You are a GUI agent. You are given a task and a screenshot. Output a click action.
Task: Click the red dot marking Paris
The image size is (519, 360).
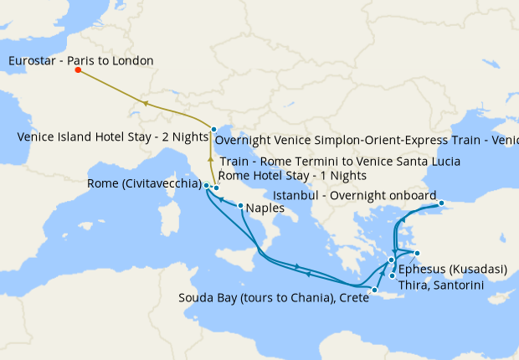point(78,70)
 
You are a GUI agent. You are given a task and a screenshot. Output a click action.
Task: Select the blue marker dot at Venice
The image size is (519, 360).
point(214,129)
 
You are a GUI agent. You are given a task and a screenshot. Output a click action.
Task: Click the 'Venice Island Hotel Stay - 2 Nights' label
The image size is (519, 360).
point(112,136)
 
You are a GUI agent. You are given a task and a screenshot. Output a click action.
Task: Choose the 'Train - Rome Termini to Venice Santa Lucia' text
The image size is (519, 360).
point(339,162)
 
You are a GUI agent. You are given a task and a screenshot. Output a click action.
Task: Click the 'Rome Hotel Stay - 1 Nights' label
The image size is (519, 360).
point(292,176)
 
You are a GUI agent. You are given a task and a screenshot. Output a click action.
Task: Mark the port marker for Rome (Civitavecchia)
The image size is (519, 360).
point(206,185)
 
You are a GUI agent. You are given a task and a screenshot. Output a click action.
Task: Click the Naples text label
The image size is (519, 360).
point(266,210)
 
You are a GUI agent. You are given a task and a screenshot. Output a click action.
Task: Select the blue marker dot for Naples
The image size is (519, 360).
point(240,206)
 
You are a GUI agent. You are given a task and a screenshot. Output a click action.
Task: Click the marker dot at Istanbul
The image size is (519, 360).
point(441,203)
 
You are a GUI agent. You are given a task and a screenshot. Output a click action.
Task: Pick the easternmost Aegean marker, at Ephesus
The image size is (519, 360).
point(417,254)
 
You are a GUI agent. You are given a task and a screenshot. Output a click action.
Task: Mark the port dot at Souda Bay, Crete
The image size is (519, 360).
point(376,291)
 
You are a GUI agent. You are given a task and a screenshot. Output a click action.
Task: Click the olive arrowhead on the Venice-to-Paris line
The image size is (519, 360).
point(146,103)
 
